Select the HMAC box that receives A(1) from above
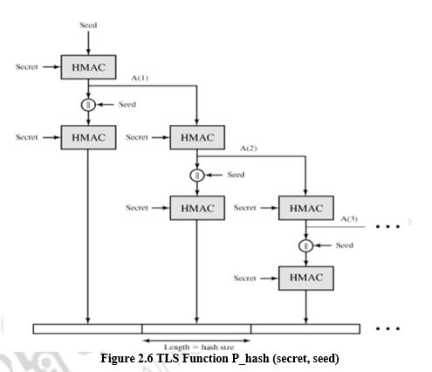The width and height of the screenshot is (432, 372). pos(197,137)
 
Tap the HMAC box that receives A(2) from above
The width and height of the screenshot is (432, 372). pos(305,208)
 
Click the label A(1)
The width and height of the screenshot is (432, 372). pos(141,79)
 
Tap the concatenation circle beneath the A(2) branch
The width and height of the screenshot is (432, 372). pos(197,175)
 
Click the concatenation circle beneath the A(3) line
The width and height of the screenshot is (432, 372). pos(305,245)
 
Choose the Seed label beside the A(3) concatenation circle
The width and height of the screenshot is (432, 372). pos(344,245)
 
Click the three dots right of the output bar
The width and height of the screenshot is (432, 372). pos(386,329)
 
